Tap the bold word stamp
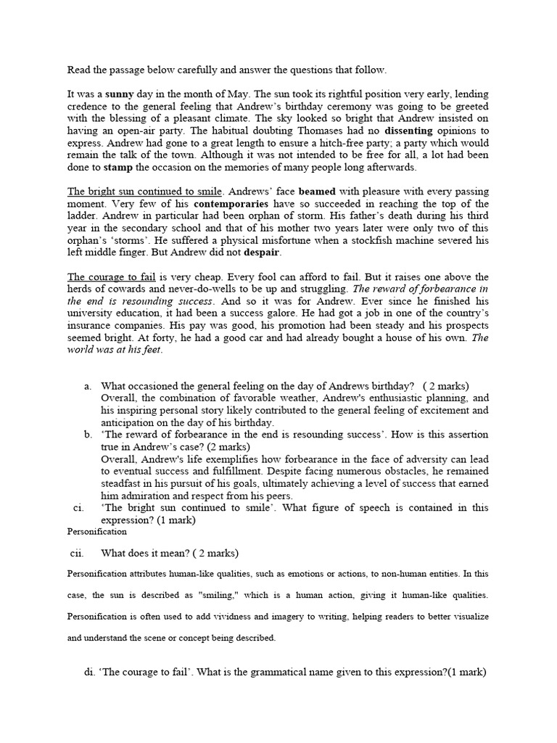point(119,167)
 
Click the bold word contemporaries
point(229,204)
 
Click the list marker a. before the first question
point(87,386)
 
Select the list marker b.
point(87,435)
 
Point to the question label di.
point(89,672)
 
